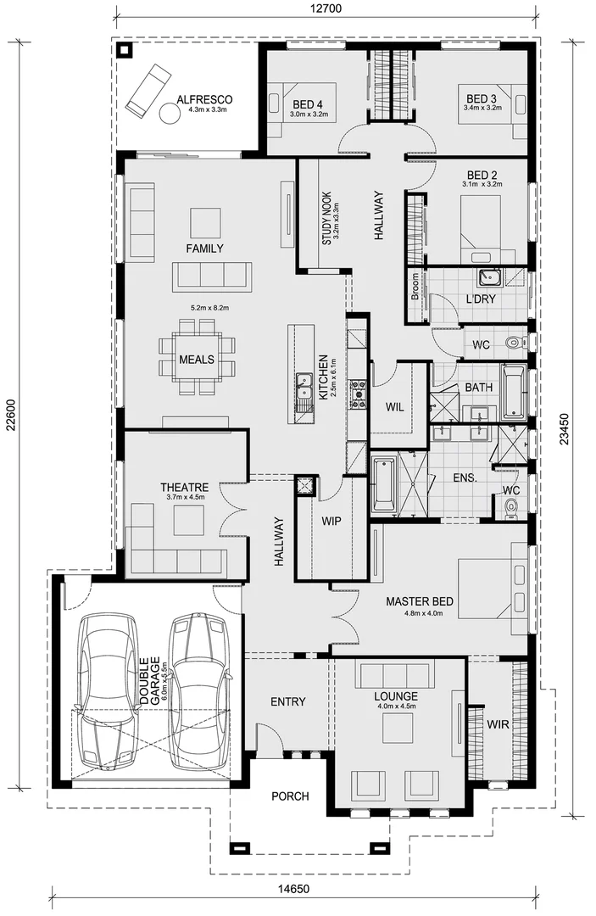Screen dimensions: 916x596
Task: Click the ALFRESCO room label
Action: click(204, 99)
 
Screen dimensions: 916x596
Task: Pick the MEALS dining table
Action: click(196, 359)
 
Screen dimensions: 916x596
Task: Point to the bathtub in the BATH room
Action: click(514, 393)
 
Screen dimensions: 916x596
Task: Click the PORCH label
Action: click(289, 796)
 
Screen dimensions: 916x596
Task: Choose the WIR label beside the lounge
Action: click(498, 724)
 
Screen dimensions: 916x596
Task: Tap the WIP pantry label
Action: click(331, 521)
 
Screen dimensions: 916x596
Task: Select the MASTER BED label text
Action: click(419, 601)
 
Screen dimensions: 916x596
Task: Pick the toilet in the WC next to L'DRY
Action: click(511, 343)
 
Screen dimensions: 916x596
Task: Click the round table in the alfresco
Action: click(168, 114)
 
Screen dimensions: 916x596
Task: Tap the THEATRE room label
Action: click(184, 488)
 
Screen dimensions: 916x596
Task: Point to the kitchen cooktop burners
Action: click(358, 393)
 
